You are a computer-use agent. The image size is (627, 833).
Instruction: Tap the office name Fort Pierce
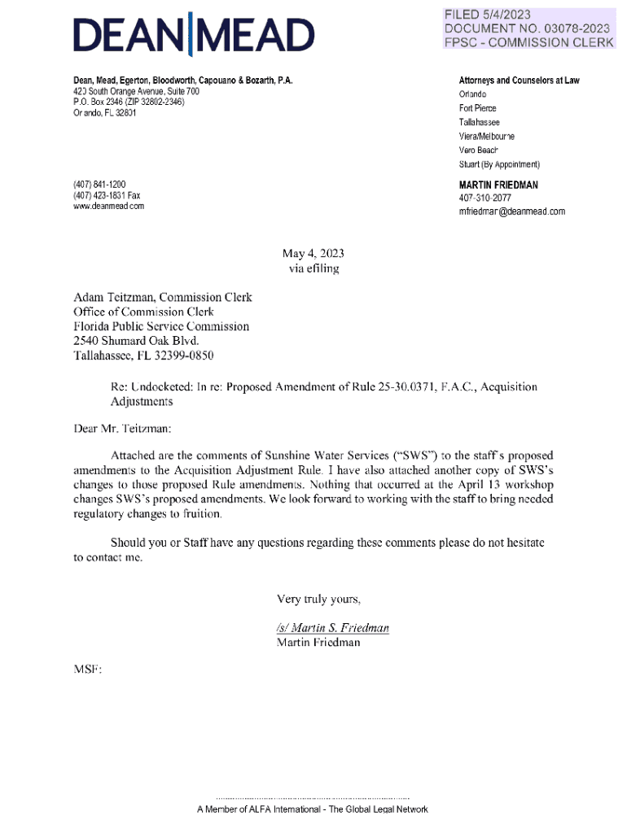pyautogui.click(x=477, y=108)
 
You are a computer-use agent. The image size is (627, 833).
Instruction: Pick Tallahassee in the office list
pyautogui.click(x=480, y=122)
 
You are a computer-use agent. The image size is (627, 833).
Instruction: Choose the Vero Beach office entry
pyautogui.click(x=478, y=150)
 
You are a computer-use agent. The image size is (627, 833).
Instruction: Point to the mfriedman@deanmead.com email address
pyautogui.click(x=511, y=212)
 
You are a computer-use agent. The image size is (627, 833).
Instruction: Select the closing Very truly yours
pyautogui.click(x=318, y=600)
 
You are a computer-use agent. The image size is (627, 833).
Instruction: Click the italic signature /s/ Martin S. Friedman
pyautogui.click(x=332, y=628)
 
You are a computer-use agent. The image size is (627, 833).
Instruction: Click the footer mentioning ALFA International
pyautogui.click(x=312, y=809)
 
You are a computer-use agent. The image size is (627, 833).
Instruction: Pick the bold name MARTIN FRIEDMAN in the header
pyautogui.click(x=498, y=185)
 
